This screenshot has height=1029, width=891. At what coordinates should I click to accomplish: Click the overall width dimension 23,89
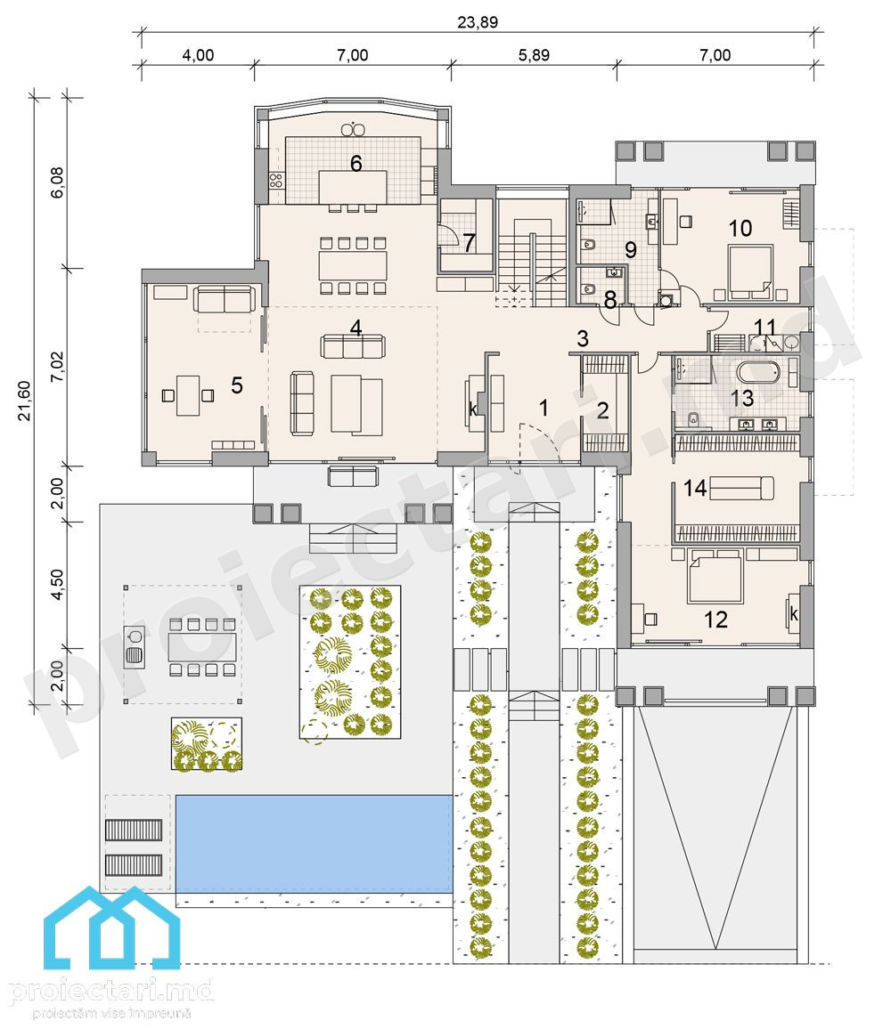tap(478, 21)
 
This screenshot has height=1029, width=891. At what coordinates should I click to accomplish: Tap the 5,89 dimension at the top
tap(534, 55)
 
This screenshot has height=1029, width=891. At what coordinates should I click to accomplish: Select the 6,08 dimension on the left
tap(58, 183)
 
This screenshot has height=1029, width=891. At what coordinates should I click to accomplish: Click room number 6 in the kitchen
tap(356, 163)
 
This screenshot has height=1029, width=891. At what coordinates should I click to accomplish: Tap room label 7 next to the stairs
tap(469, 243)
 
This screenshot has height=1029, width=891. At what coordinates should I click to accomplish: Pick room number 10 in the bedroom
tap(740, 229)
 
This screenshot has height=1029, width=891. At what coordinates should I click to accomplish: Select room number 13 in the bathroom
tap(742, 398)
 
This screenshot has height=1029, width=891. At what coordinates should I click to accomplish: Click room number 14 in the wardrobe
tap(695, 488)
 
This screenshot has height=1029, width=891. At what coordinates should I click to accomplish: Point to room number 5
tap(236, 385)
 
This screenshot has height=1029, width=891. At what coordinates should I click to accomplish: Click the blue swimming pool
tap(315, 843)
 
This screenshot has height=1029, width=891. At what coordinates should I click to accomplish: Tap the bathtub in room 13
tap(757, 372)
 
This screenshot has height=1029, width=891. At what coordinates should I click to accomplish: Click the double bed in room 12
tap(715, 579)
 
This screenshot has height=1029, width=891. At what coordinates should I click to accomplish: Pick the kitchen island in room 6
tap(353, 187)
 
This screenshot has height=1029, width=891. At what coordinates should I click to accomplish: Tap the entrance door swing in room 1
tap(537, 442)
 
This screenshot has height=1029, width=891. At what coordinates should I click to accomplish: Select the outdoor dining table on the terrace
tap(201, 646)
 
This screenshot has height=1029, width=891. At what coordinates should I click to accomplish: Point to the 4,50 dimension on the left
tap(58, 584)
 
